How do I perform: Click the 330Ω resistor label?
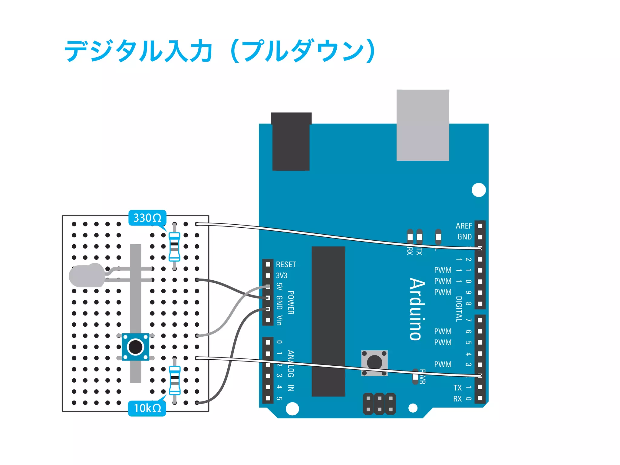pyautogui.click(x=147, y=218)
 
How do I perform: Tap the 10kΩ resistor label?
pyautogui.click(x=147, y=408)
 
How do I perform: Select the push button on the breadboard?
pyautogui.click(x=135, y=347)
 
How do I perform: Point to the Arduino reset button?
pyautogui.click(x=374, y=363)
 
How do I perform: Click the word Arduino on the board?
pyautogui.click(x=417, y=309)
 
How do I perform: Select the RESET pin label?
pyautogui.click(x=286, y=265)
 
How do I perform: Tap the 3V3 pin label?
pyautogui.click(x=282, y=275)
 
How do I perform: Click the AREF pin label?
pyautogui.click(x=463, y=226)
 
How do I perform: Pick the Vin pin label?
pyautogui.click(x=279, y=320)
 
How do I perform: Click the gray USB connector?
pyautogui.click(x=423, y=125)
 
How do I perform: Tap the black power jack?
pyautogui.click(x=291, y=142)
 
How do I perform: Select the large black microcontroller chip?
pyautogui.click(x=328, y=321)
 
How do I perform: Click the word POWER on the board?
pyautogui.click(x=291, y=303)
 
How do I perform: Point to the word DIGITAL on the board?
pyautogui.click(x=459, y=309)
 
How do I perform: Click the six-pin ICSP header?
pyautogui.click(x=379, y=404)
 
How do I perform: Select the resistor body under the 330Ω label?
pyautogui.click(x=174, y=246)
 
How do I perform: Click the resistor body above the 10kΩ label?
pyautogui.click(x=175, y=380)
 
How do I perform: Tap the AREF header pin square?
pyautogui.click(x=480, y=226)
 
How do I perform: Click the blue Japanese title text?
pyautogui.click(x=220, y=51)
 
